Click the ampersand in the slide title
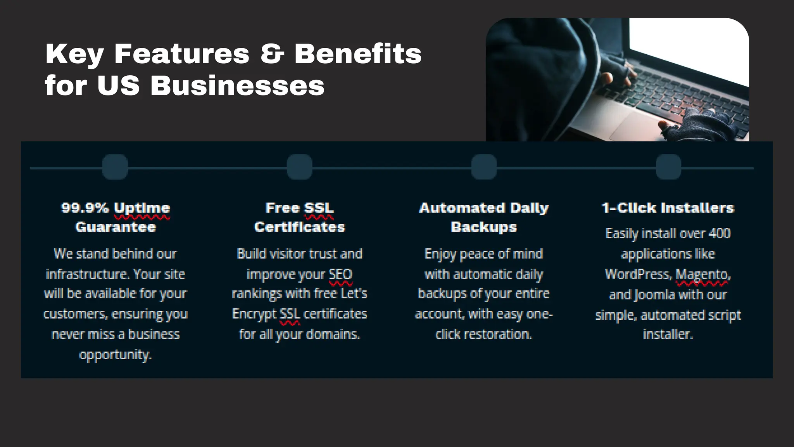coord(272,54)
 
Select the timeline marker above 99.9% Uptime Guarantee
coord(115,167)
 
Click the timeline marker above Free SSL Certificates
coord(300,167)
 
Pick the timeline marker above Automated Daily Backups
coord(484,167)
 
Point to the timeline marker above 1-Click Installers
coord(668,167)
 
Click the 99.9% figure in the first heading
coord(85,208)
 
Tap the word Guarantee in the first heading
coord(116,227)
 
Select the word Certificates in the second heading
coord(300,227)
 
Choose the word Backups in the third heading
coord(484,227)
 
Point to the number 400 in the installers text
coord(720,234)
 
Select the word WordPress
coord(637,274)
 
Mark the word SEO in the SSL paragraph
coord(340,274)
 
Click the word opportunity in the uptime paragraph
coord(115,355)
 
